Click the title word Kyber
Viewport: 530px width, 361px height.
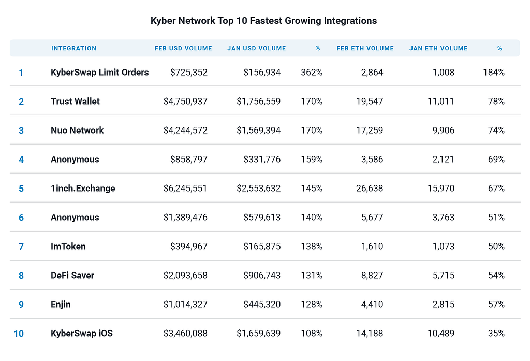click(163, 21)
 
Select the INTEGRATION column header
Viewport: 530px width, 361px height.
click(73, 48)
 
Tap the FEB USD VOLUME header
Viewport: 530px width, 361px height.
click(183, 48)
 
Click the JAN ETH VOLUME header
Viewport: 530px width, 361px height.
click(438, 48)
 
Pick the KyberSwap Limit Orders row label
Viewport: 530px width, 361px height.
click(100, 73)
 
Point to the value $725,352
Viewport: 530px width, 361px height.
click(189, 73)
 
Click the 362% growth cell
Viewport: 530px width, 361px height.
click(312, 73)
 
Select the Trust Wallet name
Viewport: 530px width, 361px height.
click(75, 102)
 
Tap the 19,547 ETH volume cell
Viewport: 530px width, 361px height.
click(370, 102)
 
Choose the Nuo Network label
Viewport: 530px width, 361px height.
click(77, 131)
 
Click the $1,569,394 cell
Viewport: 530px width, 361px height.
click(259, 131)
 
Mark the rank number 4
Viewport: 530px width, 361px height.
click(21, 160)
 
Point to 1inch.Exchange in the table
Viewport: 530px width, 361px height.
click(83, 189)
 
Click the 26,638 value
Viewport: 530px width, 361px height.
click(370, 189)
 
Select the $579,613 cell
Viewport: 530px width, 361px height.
click(262, 218)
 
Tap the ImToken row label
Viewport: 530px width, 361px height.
click(68, 247)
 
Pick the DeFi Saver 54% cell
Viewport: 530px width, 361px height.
click(496, 276)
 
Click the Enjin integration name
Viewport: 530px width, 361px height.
click(61, 305)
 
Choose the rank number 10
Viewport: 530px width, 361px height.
click(19, 334)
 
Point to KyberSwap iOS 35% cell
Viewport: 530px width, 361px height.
click(496, 334)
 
